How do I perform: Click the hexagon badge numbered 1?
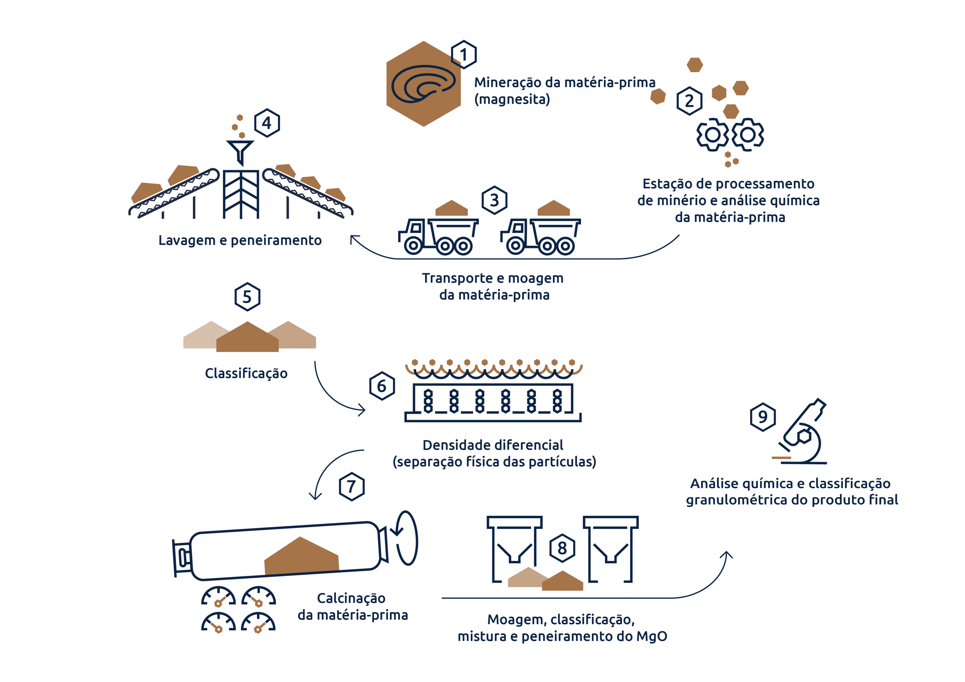(464, 55)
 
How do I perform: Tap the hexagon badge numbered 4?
(267, 123)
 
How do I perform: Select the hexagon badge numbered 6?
(381, 386)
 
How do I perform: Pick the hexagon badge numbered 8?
(562, 548)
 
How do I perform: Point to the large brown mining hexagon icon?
(423, 84)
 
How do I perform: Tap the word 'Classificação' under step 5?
(246, 373)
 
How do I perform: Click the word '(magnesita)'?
(512, 99)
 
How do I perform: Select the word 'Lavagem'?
(187, 240)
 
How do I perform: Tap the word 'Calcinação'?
(351, 598)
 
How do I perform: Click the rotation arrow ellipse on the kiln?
(406, 538)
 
